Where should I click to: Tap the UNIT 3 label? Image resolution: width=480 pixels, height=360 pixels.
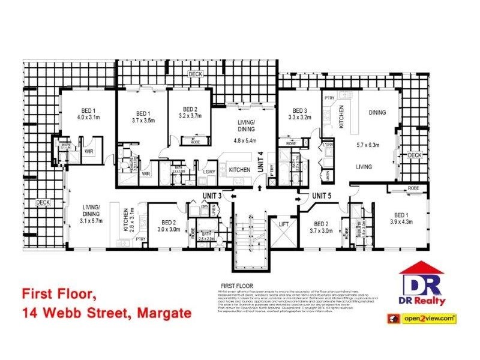coord(212,196)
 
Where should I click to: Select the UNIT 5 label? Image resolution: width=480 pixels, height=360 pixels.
coord(322,196)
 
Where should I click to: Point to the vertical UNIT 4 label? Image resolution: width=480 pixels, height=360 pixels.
coord(261,163)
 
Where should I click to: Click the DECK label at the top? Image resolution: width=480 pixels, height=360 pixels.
coord(196,74)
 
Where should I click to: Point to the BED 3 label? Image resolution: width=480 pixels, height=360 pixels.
coord(299,110)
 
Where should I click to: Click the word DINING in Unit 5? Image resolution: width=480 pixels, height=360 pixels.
coord(377,112)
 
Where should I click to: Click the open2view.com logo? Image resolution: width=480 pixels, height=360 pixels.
coord(429,319)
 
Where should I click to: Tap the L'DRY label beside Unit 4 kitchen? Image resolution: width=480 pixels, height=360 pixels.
coord(209,173)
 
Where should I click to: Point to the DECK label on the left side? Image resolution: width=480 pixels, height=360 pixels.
coord(43,202)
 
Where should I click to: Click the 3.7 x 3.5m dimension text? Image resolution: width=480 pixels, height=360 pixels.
coord(143,120)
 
